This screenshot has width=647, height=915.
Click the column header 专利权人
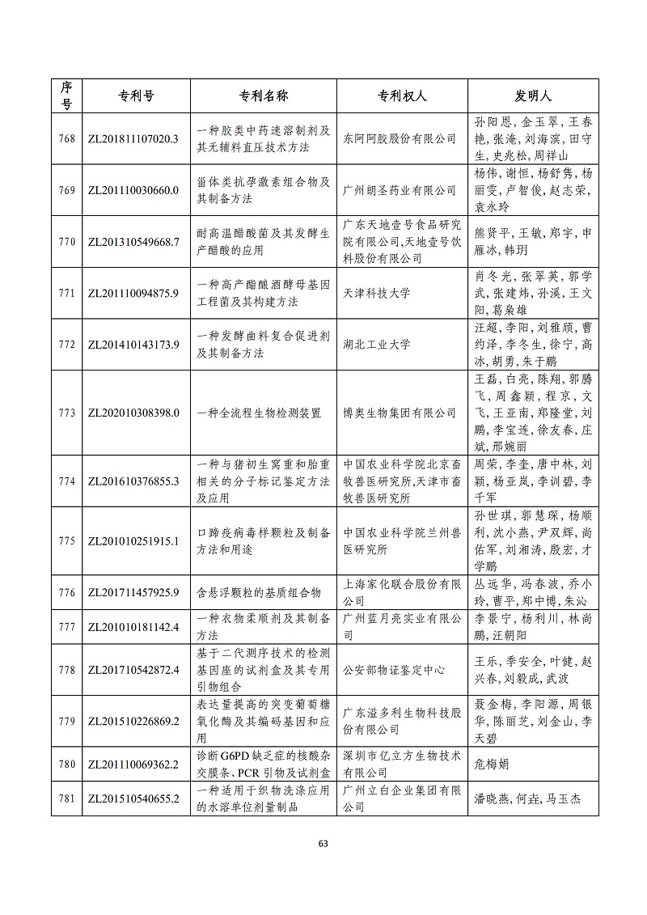coord(402,95)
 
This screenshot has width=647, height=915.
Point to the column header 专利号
coord(132,95)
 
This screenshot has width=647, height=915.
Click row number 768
coord(66,138)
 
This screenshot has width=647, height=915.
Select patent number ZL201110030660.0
coord(132,190)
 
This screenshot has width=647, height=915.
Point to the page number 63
coord(323,844)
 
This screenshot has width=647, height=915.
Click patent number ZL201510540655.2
coord(132,799)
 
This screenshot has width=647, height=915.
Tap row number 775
coord(66,540)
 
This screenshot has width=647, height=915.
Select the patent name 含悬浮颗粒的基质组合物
coord(260,592)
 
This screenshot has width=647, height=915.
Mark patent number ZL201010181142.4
coord(132,626)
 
